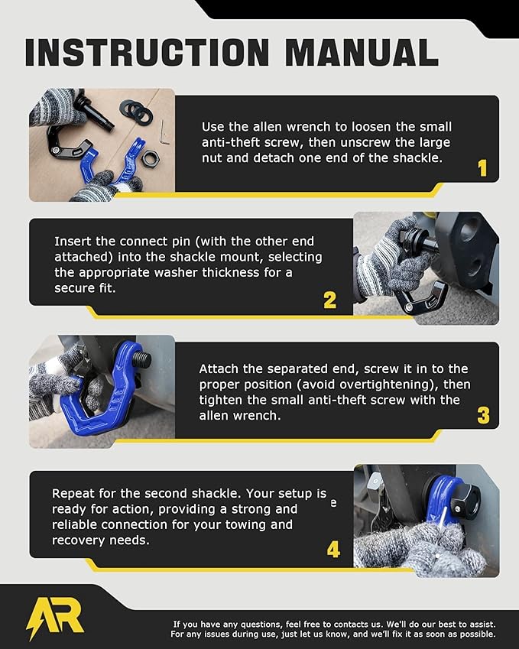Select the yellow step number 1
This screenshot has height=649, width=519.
(482, 168)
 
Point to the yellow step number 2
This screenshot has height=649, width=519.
(329, 300)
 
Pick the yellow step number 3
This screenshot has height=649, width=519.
(483, 416)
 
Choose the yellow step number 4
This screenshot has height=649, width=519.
(333, 550)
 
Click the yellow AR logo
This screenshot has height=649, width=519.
(55, 616)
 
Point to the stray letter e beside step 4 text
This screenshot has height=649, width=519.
(332, 505)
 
